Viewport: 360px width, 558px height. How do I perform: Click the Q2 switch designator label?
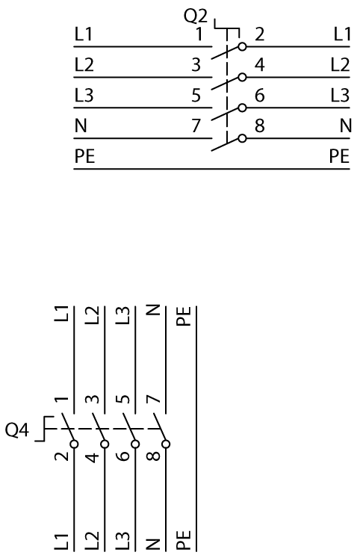pos(195,16)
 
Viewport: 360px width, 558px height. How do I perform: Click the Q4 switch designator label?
pos(16,430)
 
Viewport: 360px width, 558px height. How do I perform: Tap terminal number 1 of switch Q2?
pos(199,34)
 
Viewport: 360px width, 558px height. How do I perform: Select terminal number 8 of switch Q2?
pos(260,126)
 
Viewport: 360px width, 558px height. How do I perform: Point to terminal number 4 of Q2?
pos(260,65)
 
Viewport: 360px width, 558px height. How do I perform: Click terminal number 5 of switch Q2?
pos(196,96)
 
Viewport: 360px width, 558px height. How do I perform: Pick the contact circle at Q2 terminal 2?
pos(242,46)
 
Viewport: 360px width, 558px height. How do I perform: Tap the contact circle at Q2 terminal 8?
pos(242,138)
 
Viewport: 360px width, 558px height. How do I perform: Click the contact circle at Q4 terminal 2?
pos(75,444)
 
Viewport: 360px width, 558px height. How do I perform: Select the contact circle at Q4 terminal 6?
pos(135,444)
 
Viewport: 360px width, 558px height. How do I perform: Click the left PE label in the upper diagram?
pos(84,157)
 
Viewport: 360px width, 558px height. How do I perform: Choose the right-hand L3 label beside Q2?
pos(340,96)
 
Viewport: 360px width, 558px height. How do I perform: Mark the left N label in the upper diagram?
pos(81,126)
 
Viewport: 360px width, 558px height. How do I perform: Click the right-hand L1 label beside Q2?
pos(342,34)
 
